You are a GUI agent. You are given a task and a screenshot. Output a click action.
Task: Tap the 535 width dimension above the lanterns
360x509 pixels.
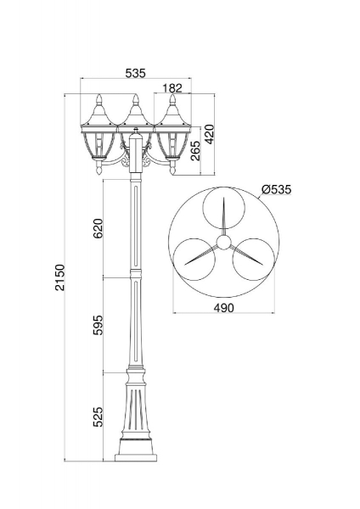(135, 73)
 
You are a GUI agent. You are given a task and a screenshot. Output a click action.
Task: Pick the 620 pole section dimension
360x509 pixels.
(98, 230)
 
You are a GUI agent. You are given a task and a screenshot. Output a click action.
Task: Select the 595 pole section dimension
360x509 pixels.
(98, 325)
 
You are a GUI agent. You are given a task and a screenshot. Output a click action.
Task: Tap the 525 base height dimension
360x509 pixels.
(98, 417)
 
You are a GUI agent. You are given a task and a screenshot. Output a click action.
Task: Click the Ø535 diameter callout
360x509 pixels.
(277, 189)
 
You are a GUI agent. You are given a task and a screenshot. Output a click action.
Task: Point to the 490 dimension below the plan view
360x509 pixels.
(222, 307)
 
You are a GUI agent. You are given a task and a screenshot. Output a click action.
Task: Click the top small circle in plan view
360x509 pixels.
(222, 209)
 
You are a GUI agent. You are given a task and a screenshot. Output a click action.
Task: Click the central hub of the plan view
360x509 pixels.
(222, 242)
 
